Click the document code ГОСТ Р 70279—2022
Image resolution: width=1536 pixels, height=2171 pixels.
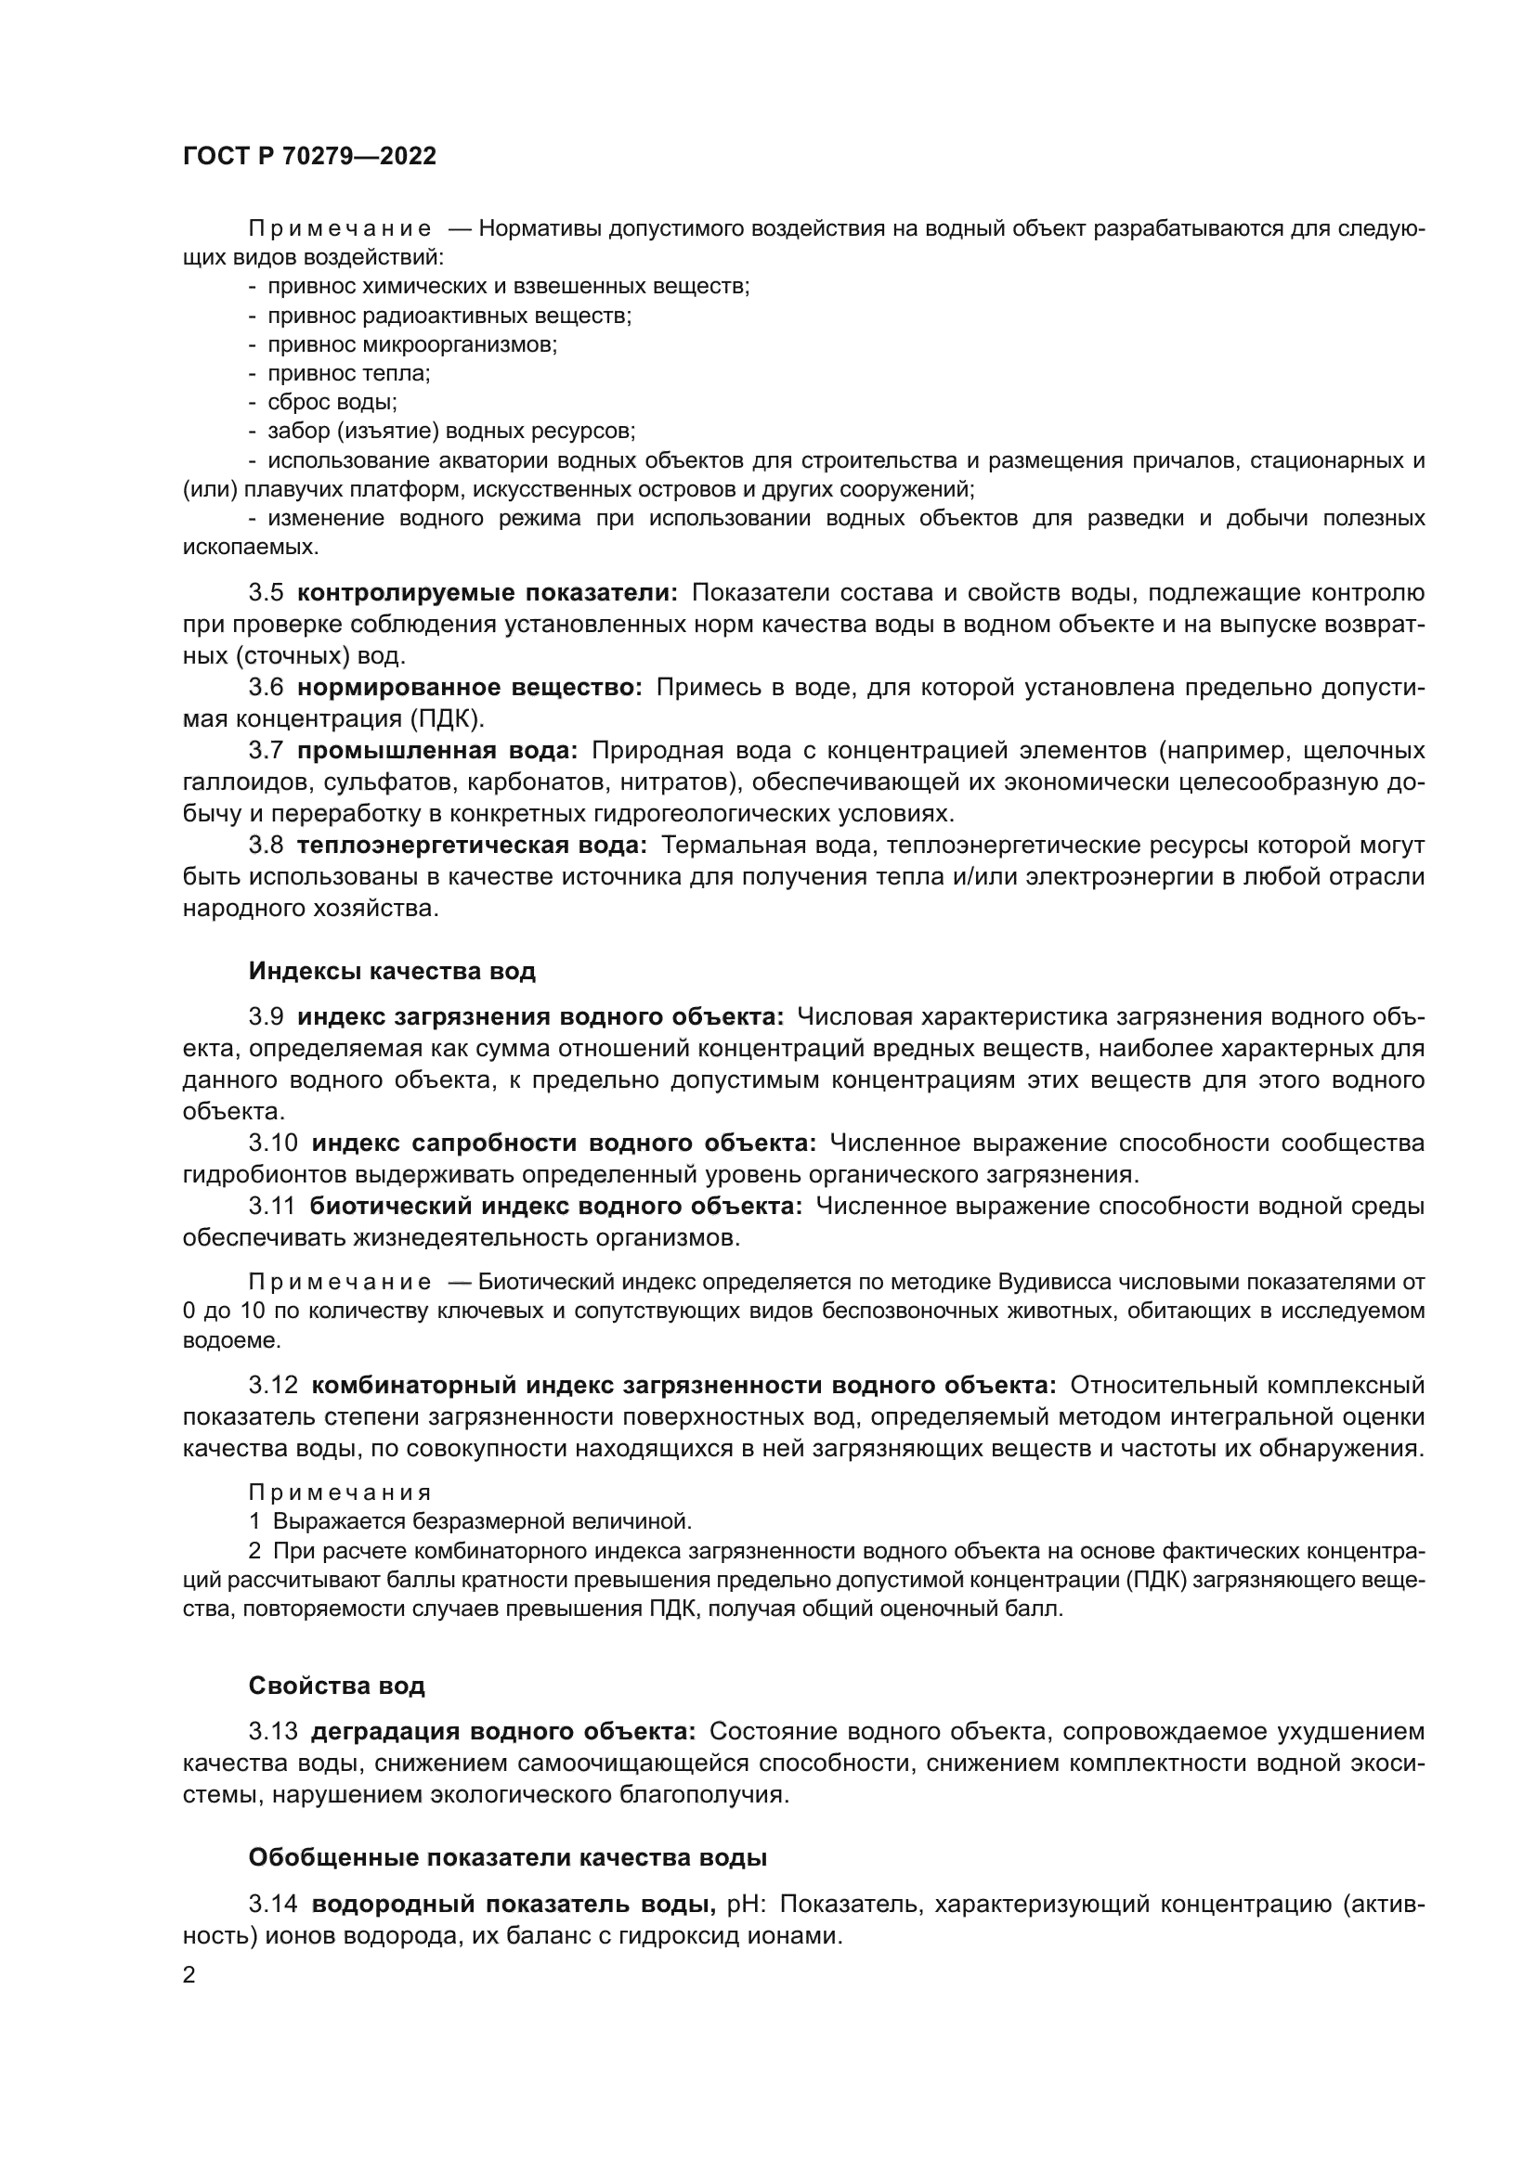[x=309, y=157]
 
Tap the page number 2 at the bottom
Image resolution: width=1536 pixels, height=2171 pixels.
[x=189, y=1974]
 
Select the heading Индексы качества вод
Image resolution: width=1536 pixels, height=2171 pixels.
[x=392, y=971]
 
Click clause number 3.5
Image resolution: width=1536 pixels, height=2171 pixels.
[x=266, y=593]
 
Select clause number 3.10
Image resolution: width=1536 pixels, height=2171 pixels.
[x=273, y=1144]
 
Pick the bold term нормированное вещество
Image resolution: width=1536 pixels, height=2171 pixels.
[x=469, y=688]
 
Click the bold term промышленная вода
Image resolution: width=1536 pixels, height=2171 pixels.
[x=437, y=751]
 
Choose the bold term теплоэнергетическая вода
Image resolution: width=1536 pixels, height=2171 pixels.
[x=471, y=846]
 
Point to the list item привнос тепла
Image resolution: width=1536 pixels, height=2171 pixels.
[x=348, y=373]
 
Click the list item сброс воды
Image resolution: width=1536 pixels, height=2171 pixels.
[x=332, y=402]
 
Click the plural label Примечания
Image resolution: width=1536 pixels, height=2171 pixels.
[x=340, y=1493]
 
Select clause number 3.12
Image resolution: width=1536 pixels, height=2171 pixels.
[x=273, y=1385]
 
